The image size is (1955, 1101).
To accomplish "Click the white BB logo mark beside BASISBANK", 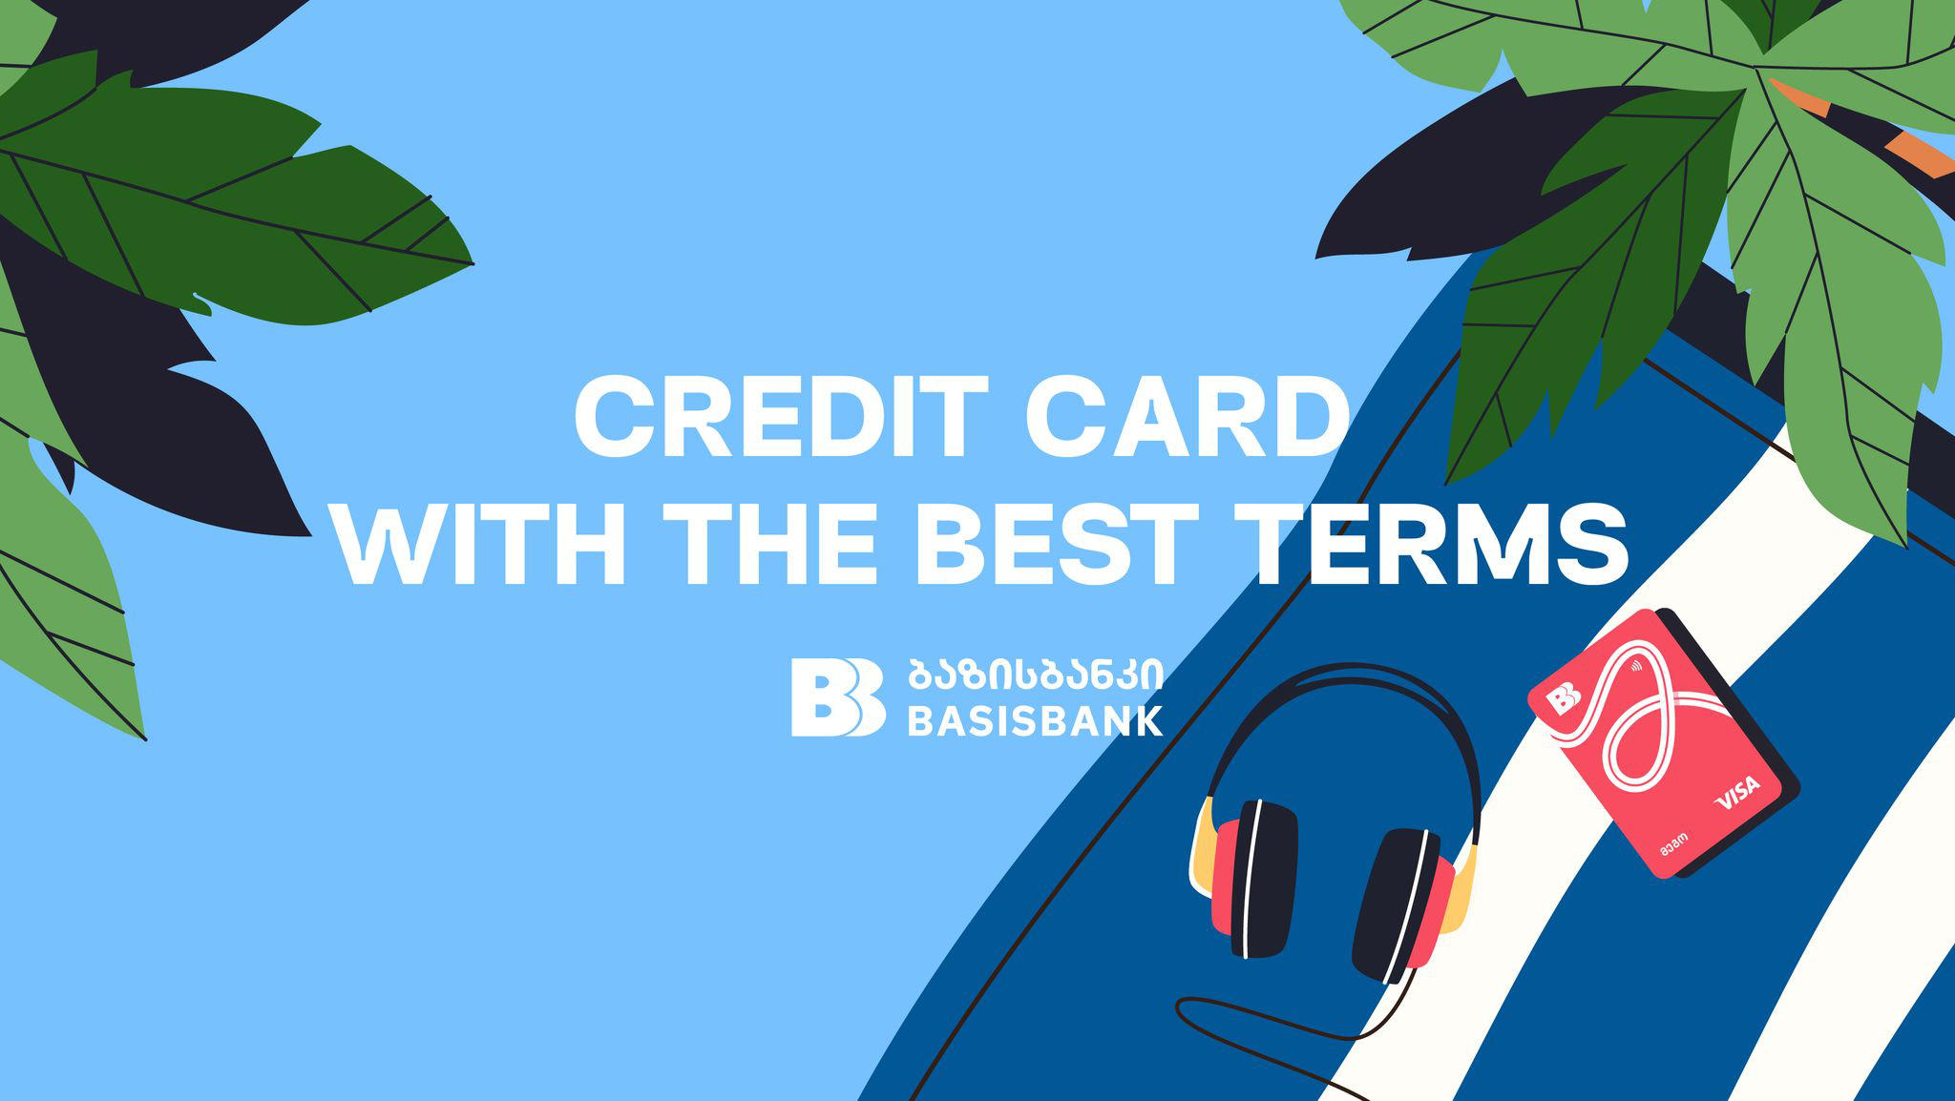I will [837, 696].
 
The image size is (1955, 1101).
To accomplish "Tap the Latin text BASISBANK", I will [1035, 720].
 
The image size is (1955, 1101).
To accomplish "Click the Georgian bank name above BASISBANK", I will [1035, 674].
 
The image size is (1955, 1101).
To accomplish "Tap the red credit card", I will [1661, 744].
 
